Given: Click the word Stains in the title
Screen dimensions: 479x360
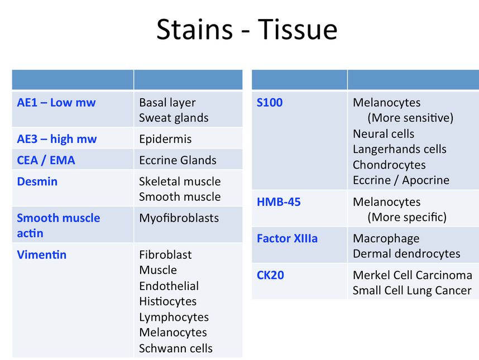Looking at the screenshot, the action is pos(195,30).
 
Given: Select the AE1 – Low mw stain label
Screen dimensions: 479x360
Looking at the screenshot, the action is pos(56,103).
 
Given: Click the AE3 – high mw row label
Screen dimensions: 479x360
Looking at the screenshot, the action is pos(57,139).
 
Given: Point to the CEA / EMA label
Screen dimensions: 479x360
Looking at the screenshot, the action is pos(46,160).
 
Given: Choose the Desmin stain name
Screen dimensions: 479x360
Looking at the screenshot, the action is pos(37,181).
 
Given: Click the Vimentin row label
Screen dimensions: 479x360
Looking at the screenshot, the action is pos(41,255).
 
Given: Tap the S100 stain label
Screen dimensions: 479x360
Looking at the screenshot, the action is pos(270,103).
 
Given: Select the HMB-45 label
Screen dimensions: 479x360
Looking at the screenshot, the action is pos(279,202).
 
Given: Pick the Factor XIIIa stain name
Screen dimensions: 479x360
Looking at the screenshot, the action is pos(287,238).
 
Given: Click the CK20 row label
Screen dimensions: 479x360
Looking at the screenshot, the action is pos(270,275).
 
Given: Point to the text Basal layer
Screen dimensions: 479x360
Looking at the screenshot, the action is pos(167,103).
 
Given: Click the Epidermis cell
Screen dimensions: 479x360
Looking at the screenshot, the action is pos(165,139).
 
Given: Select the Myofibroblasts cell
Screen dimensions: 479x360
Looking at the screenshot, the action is pos(179,218).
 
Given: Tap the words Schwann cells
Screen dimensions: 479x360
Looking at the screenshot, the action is pos(176,348).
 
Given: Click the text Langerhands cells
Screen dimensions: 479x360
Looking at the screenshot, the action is pos(400,150).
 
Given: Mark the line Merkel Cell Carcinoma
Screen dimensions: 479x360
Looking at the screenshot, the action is pos(413,275).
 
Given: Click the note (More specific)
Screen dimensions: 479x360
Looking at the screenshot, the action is pos(407,218).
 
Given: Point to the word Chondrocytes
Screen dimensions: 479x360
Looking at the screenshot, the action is pos(389,165).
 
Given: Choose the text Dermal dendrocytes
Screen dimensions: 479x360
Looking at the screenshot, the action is pos(406,254).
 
